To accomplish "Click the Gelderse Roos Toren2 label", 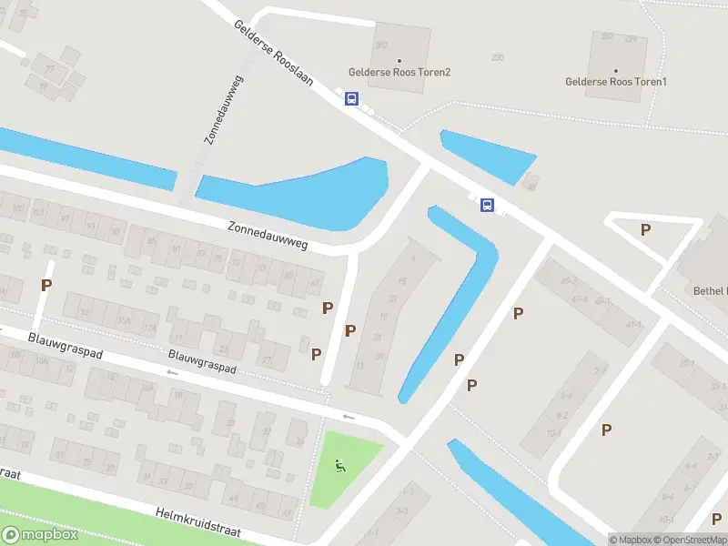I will point(399,72).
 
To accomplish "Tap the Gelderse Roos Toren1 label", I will point(616,82).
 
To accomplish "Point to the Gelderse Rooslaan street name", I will point(273,55).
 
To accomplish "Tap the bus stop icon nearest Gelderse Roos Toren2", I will point(351,99).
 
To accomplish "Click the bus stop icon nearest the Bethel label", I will point(487,206).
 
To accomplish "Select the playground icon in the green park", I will point(340,467).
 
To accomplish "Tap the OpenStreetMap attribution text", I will point(693,540).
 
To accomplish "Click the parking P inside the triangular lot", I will point(645,229).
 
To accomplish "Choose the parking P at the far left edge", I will point(45,285).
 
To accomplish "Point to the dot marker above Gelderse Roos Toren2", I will point(399,60).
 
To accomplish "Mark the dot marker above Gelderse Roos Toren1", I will point(616,70).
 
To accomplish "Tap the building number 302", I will point(380,45).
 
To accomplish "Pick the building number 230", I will point(497,57).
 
